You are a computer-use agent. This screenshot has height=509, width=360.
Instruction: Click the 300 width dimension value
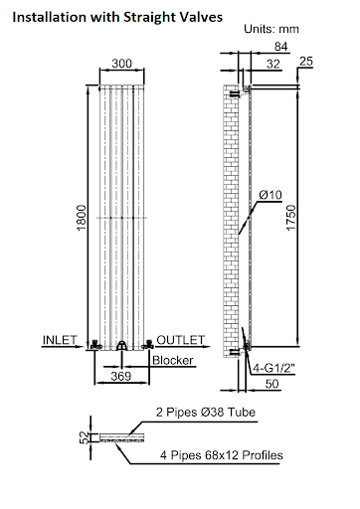[x=122, y=65]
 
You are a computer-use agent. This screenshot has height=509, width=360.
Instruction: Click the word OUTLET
[x=180, y=339]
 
